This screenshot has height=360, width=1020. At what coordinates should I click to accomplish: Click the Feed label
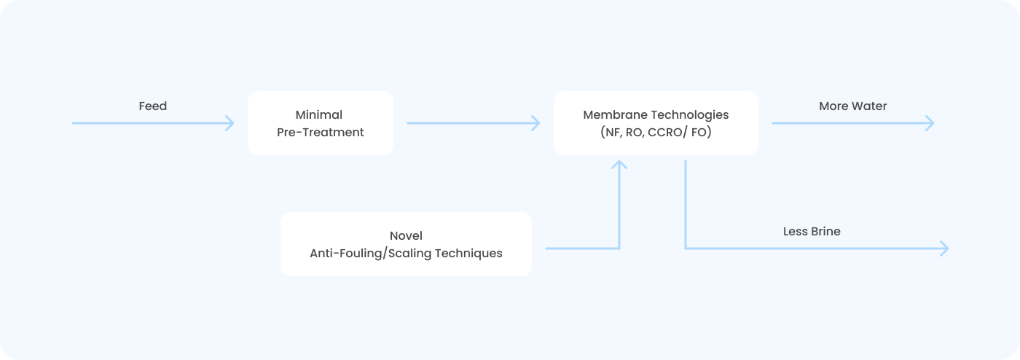[152, 106]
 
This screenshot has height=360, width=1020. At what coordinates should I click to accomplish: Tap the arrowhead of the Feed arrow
[230, 123]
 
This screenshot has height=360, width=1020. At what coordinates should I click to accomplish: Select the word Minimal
[319, 115]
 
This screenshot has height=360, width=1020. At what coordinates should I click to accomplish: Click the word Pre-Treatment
[320, 132]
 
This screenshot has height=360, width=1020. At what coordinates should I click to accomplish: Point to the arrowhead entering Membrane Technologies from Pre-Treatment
[536, 123]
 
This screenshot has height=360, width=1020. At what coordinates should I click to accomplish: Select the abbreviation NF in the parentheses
[613, 132]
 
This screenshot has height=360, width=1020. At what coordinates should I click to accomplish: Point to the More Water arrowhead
[930, 123]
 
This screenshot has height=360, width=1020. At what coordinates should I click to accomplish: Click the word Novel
[406, 236]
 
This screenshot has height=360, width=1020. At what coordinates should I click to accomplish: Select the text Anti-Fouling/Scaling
[370, 254]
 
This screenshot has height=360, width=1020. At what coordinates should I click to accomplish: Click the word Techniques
[468, 254]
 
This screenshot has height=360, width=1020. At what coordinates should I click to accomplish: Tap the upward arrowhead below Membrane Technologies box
[619, 164]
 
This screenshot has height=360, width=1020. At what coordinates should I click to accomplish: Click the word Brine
[825, 232]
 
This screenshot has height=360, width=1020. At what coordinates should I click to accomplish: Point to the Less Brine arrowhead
[945, 249]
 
